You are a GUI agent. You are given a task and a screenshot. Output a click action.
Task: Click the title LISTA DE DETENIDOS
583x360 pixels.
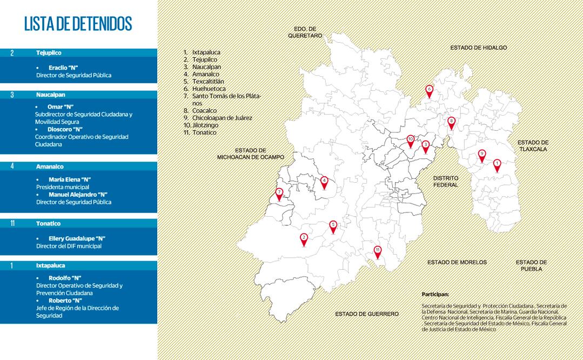click(78, 24)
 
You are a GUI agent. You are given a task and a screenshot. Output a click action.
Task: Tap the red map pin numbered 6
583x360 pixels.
click(429, 90)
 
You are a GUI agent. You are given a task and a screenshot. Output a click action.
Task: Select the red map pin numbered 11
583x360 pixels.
click(378, 251)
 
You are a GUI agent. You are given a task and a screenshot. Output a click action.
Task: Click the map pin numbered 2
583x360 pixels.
click(304, 238)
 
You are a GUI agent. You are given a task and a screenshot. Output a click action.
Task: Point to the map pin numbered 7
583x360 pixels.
click(279, 193)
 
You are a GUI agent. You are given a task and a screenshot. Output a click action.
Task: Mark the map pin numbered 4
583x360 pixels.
click(324, 182)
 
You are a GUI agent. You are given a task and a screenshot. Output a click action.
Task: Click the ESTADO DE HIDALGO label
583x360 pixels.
click(479, 48)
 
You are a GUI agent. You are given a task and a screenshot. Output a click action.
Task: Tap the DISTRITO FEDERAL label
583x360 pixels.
click(446, 181)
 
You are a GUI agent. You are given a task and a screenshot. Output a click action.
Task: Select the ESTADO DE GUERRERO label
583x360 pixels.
click(367, 314)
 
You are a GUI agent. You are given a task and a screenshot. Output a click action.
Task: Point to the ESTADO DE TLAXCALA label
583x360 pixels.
click(533, 145)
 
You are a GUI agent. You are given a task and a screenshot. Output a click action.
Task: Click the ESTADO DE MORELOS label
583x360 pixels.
click(457, 262)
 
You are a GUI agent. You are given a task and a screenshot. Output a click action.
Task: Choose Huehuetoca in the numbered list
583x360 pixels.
click(209, 89)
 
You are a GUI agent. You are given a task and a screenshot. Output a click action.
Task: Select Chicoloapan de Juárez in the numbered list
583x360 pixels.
click(222, 118)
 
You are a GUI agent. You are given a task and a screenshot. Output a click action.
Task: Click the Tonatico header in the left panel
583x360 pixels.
click(49, 223)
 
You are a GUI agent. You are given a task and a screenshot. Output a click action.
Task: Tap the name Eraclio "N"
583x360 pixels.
click(63, 68)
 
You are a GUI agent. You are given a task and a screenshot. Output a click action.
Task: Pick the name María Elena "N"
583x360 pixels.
click(70, 179)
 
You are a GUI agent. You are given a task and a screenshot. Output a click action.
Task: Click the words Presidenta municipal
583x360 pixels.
click(63, 187)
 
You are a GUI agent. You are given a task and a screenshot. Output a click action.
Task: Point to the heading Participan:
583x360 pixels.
click(435, 294)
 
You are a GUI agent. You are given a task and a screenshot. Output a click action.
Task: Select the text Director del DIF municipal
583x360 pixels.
click(69, 246)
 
